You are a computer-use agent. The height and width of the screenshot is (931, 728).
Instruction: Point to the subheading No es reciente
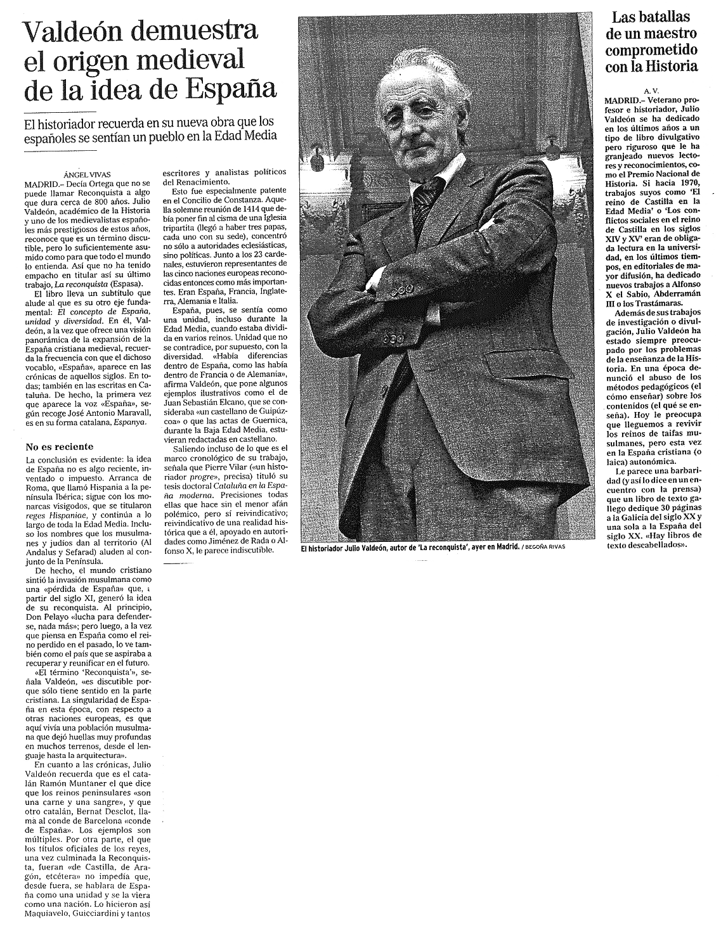pyautogui.click(x=60, y=446)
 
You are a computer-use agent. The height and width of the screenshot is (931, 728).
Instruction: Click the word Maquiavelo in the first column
pyautogui.click(x=50, y=914)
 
